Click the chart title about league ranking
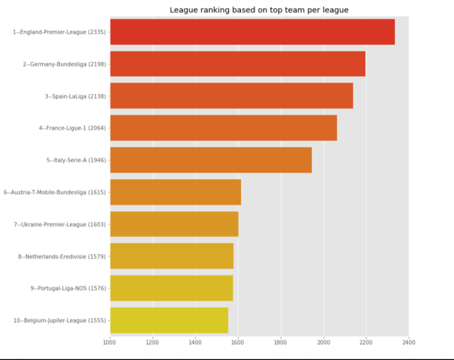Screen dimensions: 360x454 [259, 10]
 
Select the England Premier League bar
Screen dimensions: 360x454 [252, 32]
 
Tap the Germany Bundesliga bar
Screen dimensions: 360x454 [238, 64]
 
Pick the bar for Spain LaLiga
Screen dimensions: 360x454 [232, 96]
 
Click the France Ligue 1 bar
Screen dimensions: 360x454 [223, 128]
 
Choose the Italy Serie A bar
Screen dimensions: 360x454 [211, 160]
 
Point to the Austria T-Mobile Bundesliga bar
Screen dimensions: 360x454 [176, 192]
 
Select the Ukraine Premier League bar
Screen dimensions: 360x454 [174, 224]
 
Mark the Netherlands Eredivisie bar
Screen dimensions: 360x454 [172, 256]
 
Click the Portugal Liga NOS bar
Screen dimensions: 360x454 [171, 288]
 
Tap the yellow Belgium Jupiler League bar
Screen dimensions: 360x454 [169, 320]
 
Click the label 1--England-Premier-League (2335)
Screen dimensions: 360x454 [59, 32]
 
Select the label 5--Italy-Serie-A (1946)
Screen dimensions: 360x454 [76, 160]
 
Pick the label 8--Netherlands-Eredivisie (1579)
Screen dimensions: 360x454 [62, 256]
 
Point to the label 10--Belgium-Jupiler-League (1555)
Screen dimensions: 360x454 [59, 320]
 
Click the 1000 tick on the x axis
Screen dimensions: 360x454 [110, 342]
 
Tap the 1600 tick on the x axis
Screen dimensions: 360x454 [238, 342]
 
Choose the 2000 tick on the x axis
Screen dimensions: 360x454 [323, 342]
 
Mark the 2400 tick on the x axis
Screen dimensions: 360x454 [408, 342]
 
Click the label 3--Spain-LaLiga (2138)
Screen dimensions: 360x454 [75, 96]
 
